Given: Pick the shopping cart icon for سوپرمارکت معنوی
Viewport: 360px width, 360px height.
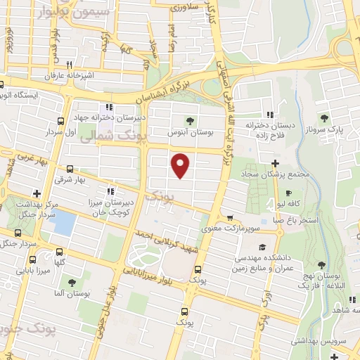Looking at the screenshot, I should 229,218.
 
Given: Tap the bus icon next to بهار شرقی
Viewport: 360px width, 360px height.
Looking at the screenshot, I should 70,168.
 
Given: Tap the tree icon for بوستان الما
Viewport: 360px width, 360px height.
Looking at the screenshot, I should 70,282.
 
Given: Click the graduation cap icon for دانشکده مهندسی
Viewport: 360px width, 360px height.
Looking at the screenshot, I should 262,247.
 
